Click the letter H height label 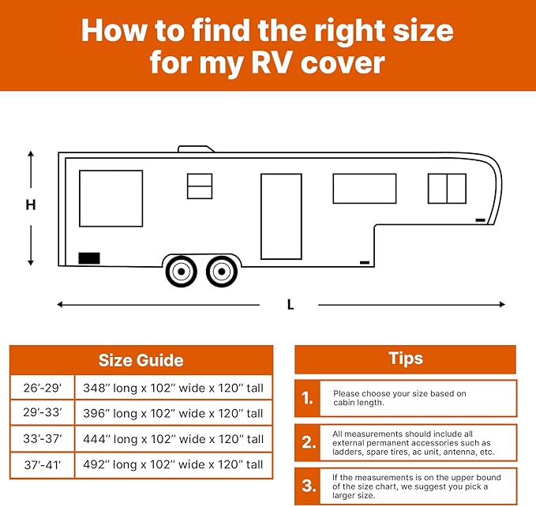[31, 205]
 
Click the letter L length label [290, 305]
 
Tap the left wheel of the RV [182, 272]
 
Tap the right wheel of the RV [221, 272]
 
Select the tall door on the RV [281, 216]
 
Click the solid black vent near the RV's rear [89, 257]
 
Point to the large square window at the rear [111, 198]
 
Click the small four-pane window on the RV [200, 186]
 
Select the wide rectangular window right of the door [364, 189]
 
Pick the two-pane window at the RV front [447, 189]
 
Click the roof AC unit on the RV [196, 148]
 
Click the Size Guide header [141, 360]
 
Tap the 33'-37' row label [43, 439]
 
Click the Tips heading [405, 359]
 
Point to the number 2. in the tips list [308, 444]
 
